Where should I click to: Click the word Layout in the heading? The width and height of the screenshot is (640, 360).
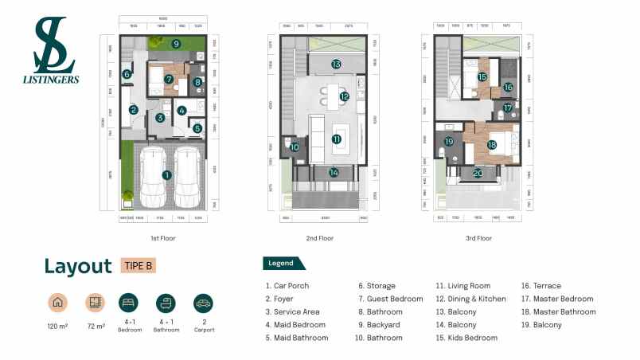pyautogui.click(x=78, y=266)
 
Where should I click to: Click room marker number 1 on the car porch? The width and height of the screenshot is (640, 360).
pyautogui.click(x=166, y=174)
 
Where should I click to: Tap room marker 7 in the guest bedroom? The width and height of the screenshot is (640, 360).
pyautogui.click(x=170, y=80)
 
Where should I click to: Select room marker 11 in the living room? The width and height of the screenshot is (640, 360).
pyautogui.click(x=337, y=139)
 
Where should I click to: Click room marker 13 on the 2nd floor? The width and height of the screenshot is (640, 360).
pyautogui.click(x=336, y=64)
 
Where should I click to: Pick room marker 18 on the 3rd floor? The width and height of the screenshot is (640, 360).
pyautogui.click(x=492, y=145)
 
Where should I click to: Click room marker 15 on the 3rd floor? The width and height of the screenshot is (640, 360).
pyautogui.click(x=482, y=77)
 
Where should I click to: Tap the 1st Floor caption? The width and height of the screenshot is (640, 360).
pyautogui.click(x=163, y=238)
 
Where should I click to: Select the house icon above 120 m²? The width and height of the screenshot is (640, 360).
pyautogui.click(x=57, y=303)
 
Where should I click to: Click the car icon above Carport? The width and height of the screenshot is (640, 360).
pyautogui.click(x=203, y=303)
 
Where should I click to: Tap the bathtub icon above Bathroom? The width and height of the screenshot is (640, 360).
pyautogui.click(x=166, y=303)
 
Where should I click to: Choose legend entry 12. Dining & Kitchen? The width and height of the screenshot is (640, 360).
pyautogui.click(x=470, y=299)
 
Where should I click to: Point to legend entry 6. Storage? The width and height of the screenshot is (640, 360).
pyautogui.click(x=377, y=286)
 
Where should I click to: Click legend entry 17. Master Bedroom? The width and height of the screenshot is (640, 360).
pyautogui.click(x=557, y=299)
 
